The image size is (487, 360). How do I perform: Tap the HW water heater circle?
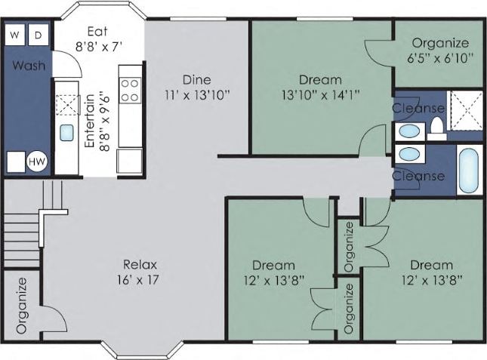tap(36, 162)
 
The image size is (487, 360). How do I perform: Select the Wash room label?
tap(28, 66)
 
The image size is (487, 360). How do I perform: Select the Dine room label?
tap(196, 79)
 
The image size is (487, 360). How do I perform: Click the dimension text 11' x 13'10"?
tap(196, 95)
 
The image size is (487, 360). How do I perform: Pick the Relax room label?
tap(140, 264)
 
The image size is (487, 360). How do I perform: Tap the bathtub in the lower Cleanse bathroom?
tap(467, 170)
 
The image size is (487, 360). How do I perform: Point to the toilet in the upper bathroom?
tap(436, 131)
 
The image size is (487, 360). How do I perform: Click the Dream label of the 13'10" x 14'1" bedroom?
tap(320, 79)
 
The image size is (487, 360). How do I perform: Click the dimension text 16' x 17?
tap(140, 279)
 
